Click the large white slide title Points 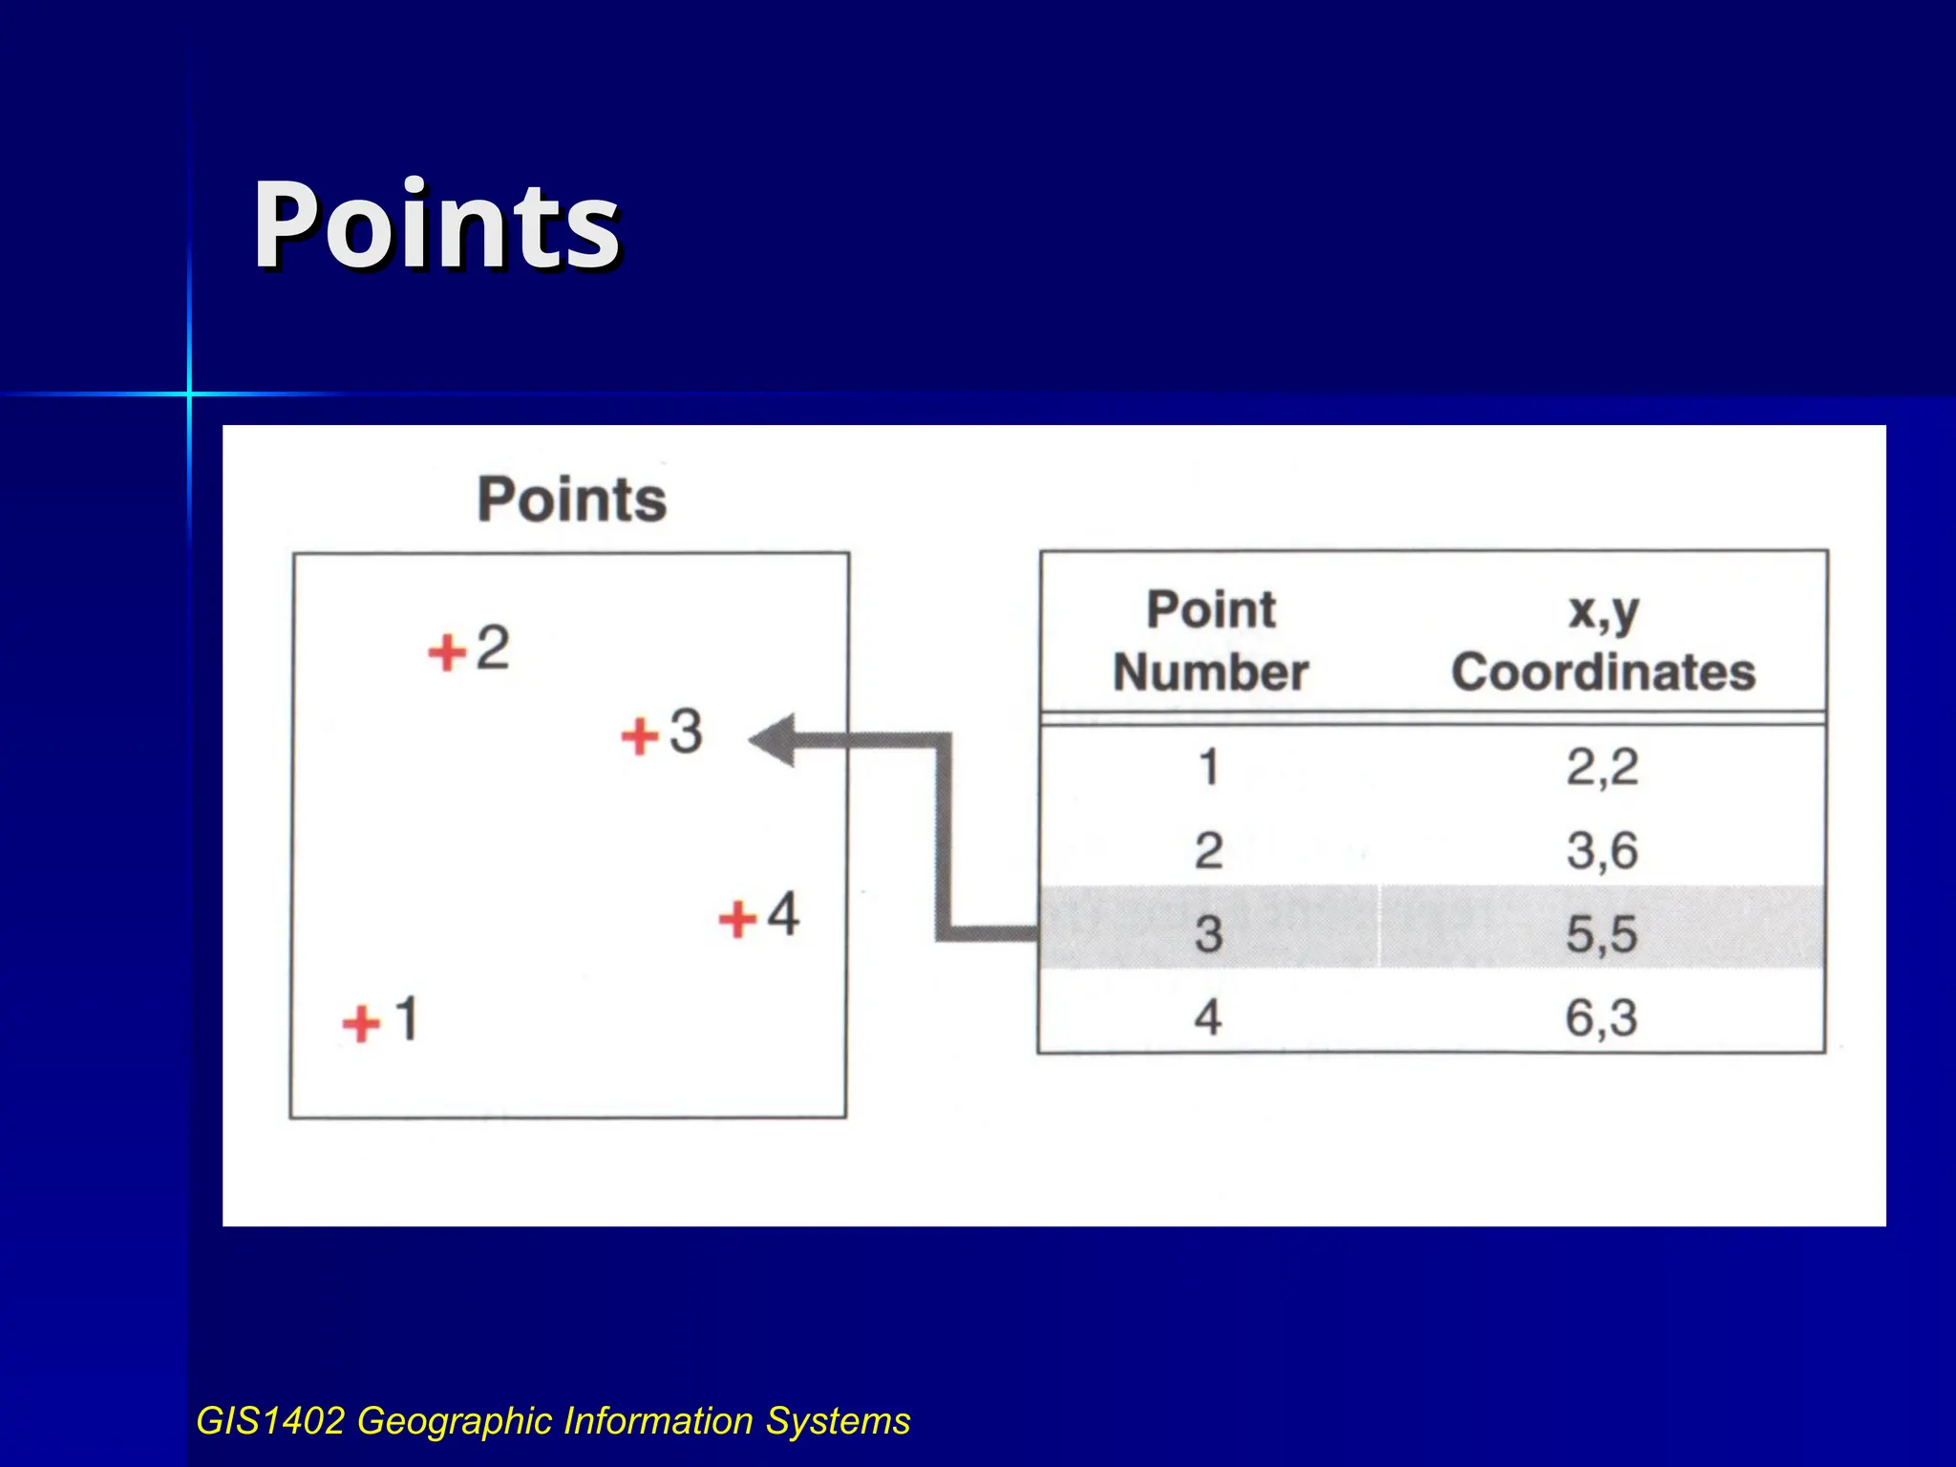pos(436,226)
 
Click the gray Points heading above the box pos(571,500)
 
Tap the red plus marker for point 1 pos(362,1024)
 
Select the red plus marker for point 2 pos(447,653)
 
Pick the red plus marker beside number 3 pos(640,736)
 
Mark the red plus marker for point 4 pos(737,920)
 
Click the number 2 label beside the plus pos(493,648)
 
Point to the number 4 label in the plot pos(783,914)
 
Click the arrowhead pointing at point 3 pos(774,740)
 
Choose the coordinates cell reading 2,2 pos(1602,767)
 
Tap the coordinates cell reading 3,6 pos(1602,850)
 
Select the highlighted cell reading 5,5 pos(1602,933)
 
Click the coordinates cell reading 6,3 pos(1602,1017)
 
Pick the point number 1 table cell pos(1209,767)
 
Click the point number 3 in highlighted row pos(1209,933)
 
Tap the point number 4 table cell pos(1208,1017)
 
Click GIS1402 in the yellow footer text pos(270,1421)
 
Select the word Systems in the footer pos(838,1421)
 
